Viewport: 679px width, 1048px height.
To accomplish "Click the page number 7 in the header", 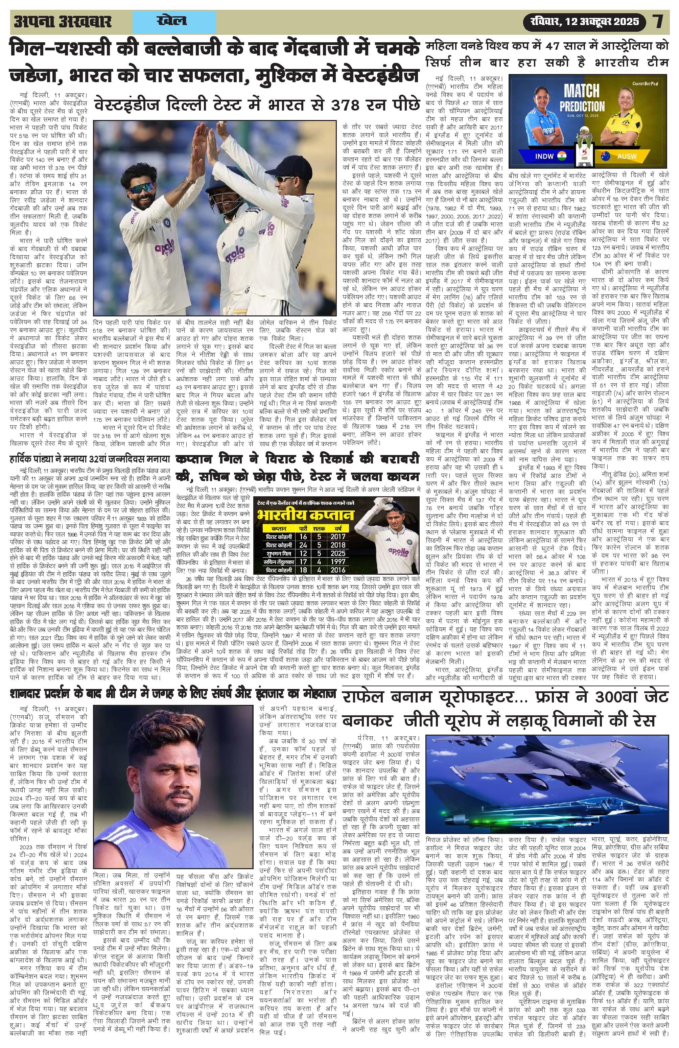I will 658,21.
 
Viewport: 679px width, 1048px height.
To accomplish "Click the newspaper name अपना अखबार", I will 63,22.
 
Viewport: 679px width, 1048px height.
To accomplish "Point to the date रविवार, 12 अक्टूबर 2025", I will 584,21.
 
